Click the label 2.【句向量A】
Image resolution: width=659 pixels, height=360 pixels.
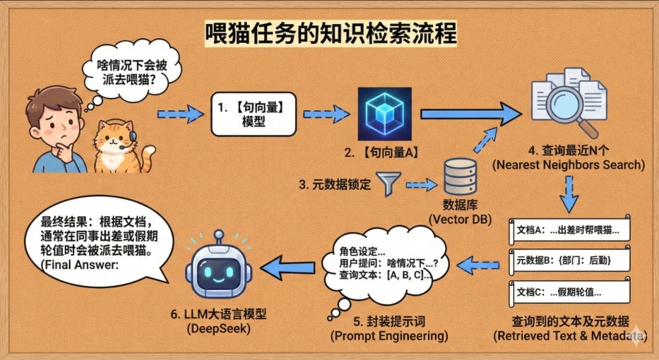point(381,152)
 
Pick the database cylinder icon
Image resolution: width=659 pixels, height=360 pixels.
point(460,180)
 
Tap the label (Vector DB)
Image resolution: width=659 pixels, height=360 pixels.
point(460,220)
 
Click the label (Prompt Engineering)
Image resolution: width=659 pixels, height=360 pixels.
point(389,337)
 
